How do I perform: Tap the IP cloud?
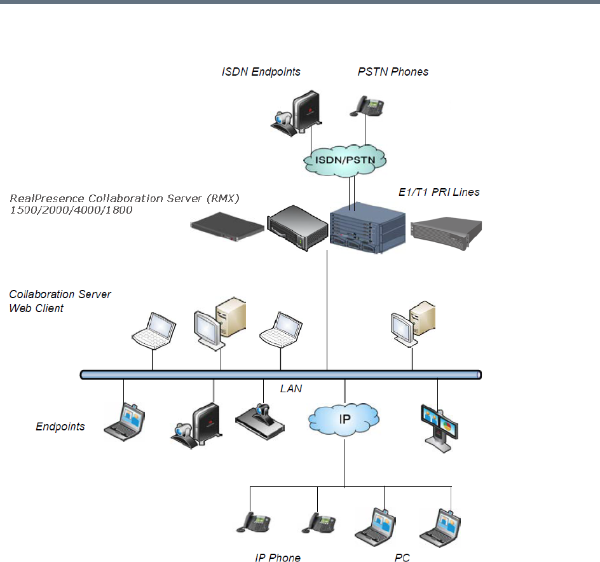[x=344, y=420]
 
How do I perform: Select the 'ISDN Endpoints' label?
[x=261, y=72]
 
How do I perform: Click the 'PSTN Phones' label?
[x=393, y=72]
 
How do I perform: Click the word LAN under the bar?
[x=290, y=388]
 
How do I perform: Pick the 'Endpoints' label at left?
[x=60, y=427]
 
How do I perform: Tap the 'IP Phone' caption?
[x=278, y=558]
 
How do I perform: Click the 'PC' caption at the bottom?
[x=402, y=558]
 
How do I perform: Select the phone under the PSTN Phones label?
[x=365, y=104]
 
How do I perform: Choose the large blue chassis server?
[x=367, y=227]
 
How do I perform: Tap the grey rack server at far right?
[x=446, y=230]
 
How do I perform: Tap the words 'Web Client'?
[x=36, y=308]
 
